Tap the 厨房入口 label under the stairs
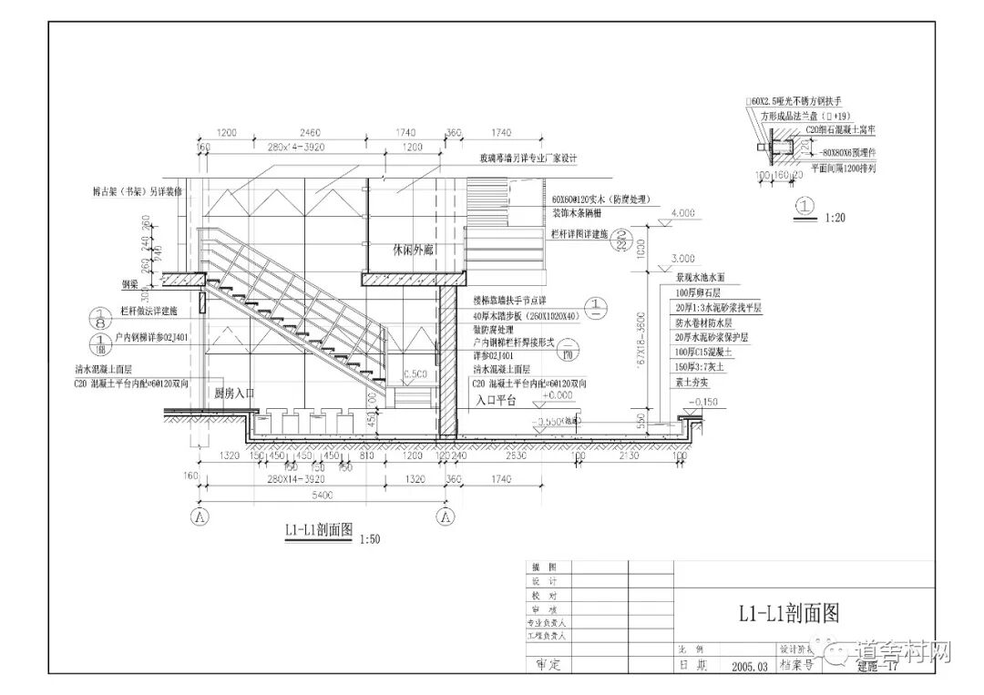pos(233,393)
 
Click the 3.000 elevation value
pos(682,259)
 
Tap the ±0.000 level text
pos(558,395)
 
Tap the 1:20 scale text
pos(835,218)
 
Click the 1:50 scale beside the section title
pos(369,539)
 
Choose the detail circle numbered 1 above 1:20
pos(803,206)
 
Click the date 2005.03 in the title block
pos(749,666)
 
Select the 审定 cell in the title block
pos(548,665)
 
